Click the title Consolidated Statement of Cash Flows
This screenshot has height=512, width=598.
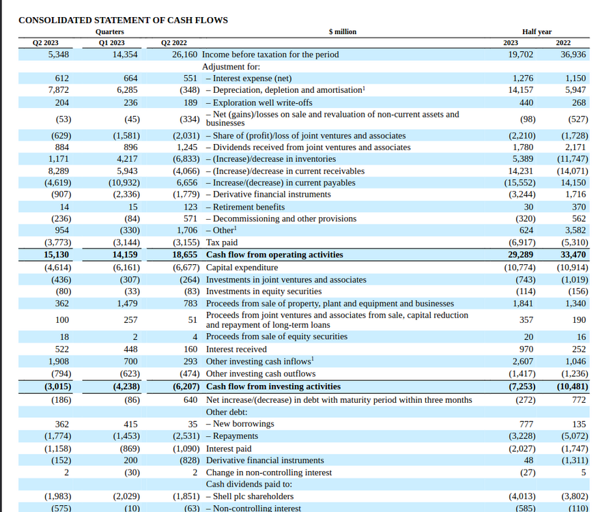click(123, 20)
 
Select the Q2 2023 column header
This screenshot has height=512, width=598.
click(46, 42)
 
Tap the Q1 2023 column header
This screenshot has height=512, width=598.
click(112, 42)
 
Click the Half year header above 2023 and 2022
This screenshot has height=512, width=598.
click(537, 31)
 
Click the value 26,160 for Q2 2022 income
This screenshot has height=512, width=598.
click(184, 55)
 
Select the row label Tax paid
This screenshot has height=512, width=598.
click(222, 242)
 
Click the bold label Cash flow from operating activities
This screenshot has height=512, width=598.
click(274, 255)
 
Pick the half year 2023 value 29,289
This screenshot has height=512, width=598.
click(522, 255)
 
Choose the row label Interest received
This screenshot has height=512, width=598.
click(236, 350)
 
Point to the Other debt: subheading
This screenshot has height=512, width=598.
click(227, 412)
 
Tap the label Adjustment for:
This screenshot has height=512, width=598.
click(231, 67)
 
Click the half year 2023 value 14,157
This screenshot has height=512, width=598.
click(522, 90)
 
